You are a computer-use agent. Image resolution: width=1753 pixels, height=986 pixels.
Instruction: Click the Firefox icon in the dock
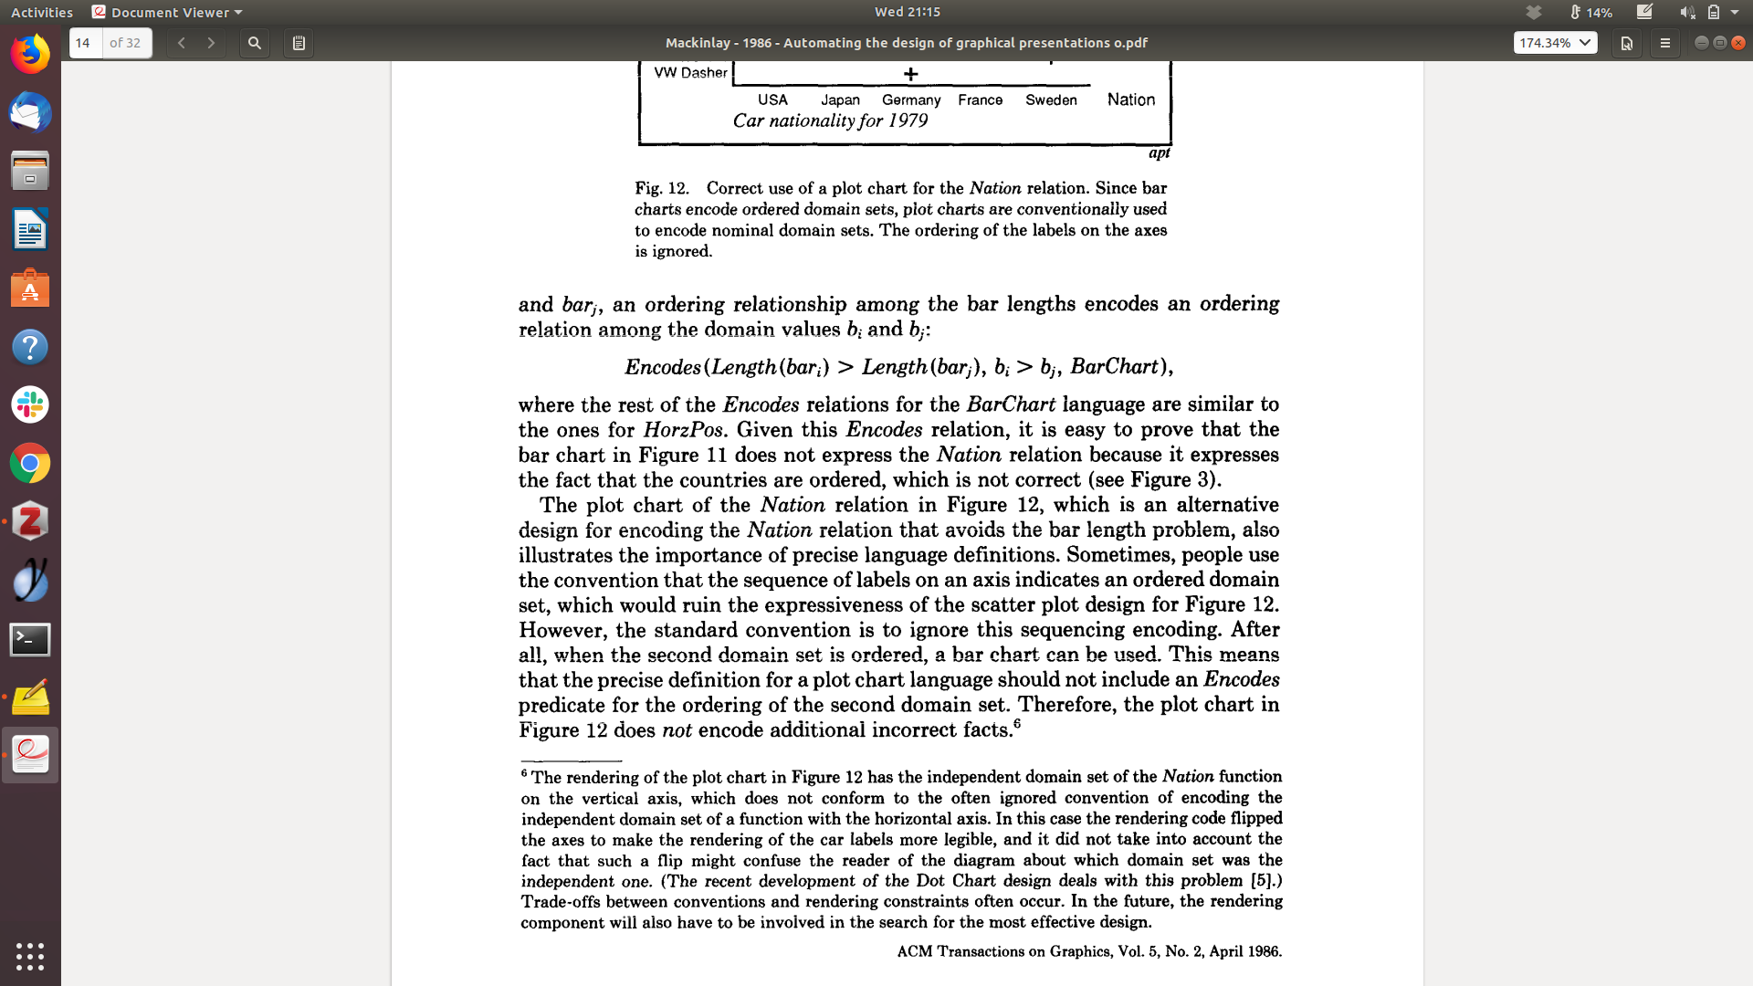pos(30,54)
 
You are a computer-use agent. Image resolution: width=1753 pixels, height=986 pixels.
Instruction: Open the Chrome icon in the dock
pos(30,464)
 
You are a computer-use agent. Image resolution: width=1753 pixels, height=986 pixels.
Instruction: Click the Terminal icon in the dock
pos(30,639)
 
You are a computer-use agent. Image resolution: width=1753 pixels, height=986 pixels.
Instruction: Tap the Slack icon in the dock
pos(30,404)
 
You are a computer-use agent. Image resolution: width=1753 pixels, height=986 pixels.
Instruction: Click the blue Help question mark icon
pos(30,347)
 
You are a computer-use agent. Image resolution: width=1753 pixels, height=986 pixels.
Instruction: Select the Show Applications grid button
pos(30,956)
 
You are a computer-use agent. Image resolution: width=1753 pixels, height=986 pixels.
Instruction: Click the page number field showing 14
pos(86,43)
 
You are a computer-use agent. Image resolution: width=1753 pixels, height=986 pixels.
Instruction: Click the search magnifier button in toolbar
pos(255,43)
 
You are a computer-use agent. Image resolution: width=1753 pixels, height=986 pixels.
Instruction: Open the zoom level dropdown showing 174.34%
pos(1555,43)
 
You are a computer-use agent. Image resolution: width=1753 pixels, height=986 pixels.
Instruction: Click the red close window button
pos(1738,43)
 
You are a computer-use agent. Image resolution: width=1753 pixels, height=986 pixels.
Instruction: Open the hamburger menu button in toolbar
pos(1665,43)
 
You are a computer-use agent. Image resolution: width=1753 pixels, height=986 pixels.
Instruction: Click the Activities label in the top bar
pos(42,12)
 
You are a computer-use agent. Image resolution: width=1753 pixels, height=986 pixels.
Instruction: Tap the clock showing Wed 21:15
pos(907,12)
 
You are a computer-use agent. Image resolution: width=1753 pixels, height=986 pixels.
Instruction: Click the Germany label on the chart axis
pos(910,100)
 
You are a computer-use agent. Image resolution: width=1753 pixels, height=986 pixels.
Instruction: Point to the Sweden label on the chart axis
pos(1051,100)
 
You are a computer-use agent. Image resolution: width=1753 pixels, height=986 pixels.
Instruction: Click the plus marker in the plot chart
pos(910,74)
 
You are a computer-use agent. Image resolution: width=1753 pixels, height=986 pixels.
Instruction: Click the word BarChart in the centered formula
pos(1114,367)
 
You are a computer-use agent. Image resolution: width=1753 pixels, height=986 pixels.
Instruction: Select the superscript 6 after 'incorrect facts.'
pos(1017,724)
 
